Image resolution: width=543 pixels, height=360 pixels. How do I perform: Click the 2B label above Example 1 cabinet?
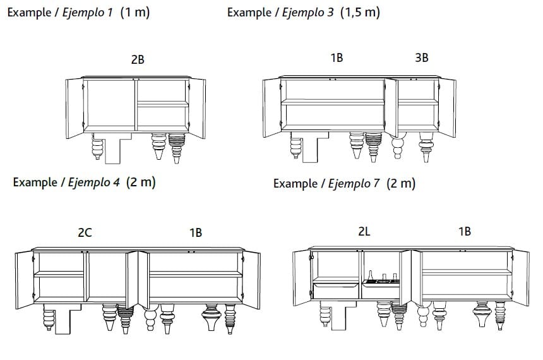pyautogui.click(x=138, y=59)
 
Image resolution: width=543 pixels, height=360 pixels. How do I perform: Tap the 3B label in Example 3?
pyautogui.click(x=421, y=57)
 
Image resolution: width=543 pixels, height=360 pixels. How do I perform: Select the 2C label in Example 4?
pyautogui.click(x=85, y=232)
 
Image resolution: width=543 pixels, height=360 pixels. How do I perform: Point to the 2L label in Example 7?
pyautogui.click(x=364, y=231)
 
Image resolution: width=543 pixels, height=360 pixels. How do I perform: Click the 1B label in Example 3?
pyautogui.click(x=337, y=57)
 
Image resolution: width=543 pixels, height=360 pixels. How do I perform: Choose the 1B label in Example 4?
pyautogui.click(x=196, y=232)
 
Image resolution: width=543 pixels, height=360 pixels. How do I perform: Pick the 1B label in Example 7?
pyautogui.click(x=465, y=231)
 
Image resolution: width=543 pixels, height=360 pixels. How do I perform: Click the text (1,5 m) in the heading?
pyautogui.click(x=360, y=12)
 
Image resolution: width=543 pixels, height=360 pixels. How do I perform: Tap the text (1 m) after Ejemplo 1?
pyautogui.click(x=135, y=12)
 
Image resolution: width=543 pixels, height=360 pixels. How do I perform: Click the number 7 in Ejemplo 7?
pyautogui.click(x=376, y=183)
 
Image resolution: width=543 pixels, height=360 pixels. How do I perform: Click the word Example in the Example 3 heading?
pyautogui.click(x=249, y=12)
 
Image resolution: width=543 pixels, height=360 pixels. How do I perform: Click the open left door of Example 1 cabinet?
pyautogui.click(x=75, y=108)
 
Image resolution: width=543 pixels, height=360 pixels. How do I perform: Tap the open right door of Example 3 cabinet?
pyautogui.click(x=448, y=107)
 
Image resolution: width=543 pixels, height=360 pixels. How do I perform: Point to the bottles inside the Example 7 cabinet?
pyautogui.click(x=382, y=277)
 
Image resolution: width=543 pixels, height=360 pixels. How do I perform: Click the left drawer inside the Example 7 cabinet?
pyautogui.click(x=336, y=291)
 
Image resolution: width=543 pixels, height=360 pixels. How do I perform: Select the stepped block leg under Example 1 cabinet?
pyautogui.click(x=113, y=148)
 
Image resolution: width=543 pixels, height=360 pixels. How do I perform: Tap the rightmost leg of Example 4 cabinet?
pyautogui.click(x=230, y=319)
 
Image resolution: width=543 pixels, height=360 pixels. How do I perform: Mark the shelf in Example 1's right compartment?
pyautogui.click(x=163, y=104)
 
